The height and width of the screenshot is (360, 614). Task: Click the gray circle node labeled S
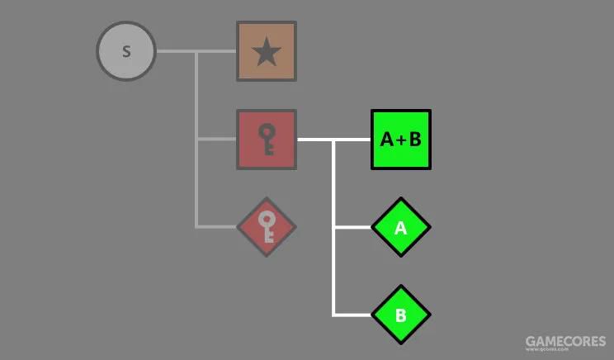pyautogui.click(x=126, y=51)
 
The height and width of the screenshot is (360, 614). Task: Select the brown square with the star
pyautogui.click(x=267, y=51)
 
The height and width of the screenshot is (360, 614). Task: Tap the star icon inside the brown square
pyautogui.click(x=267, y=53)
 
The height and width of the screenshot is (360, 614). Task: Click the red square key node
pyautogui.click(x=267, y=140)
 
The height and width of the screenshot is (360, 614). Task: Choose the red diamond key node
pyautogui.click(x=267, y=226)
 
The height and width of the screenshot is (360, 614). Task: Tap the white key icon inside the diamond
pyautogui.click(x=267, y=226)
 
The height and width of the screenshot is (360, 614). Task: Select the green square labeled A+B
pyautogui.click(x=401, y=140)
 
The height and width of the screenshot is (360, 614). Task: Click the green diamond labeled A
pyautogui.click(x=401, y=227)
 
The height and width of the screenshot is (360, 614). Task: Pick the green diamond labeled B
pyautogui.click(x=401, y=315)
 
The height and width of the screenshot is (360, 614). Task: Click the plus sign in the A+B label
pyautogui.click(x=401, y=140)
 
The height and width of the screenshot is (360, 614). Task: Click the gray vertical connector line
pyautogui.click(x=196, y=182)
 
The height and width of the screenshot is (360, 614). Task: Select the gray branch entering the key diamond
pyautogui.click(x=217, y=226)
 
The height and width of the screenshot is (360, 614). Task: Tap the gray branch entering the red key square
pyautogui.click(x=217, y=140)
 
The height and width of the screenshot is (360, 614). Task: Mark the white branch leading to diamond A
pyautogui.click(x=353, y=227)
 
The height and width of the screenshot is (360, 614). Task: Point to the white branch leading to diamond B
pyautogui.click(x=353, y=315)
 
